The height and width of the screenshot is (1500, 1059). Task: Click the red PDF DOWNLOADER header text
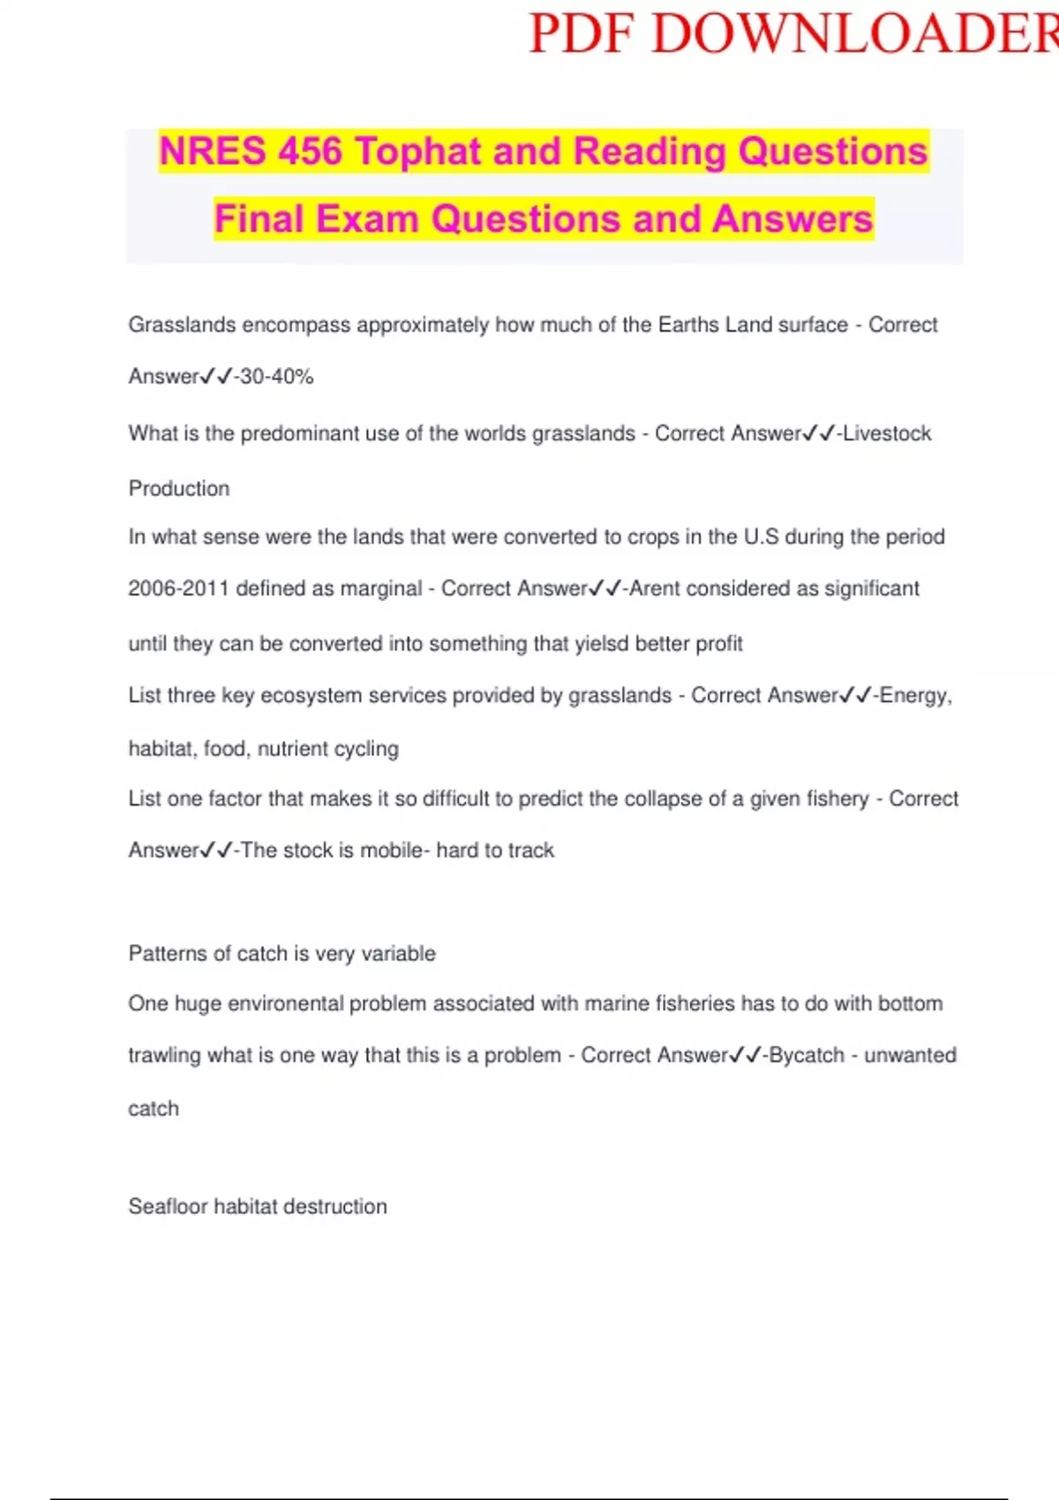[x=792, y=35]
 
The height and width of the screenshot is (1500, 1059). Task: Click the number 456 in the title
[x=310, y=152]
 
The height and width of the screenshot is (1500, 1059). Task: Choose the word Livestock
[x=887, y=434]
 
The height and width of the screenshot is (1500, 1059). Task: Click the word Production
[x=179, y=489]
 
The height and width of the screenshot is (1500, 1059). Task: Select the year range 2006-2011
[x=178, y=589]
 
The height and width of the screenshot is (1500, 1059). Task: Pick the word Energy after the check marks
[x=915, y=696]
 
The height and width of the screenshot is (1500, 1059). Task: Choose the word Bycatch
[x=807, y=1055]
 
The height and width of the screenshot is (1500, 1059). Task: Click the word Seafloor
[x=168, y=1207]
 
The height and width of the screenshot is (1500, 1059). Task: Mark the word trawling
[x=164, y=1056]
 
